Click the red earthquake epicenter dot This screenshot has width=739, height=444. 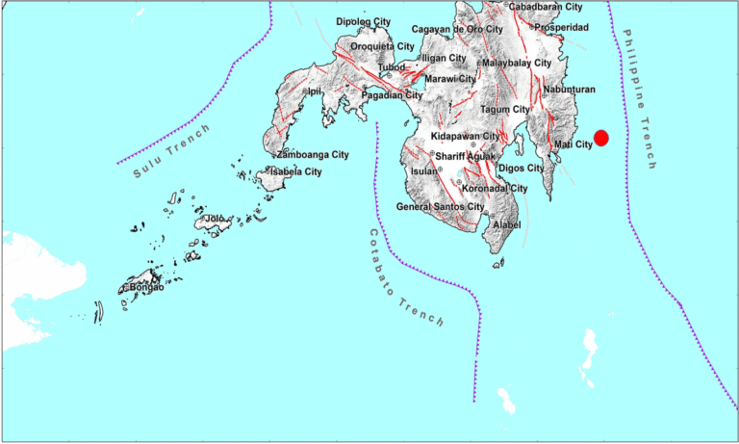[601, 139]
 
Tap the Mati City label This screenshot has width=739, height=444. [573, 144]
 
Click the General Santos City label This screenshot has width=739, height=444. [441, 207]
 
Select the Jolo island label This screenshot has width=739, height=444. [215, 220]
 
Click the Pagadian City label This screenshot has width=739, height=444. [393, 95]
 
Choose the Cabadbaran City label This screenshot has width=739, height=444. [546, 7]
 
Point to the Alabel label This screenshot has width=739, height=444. [506, 224]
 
